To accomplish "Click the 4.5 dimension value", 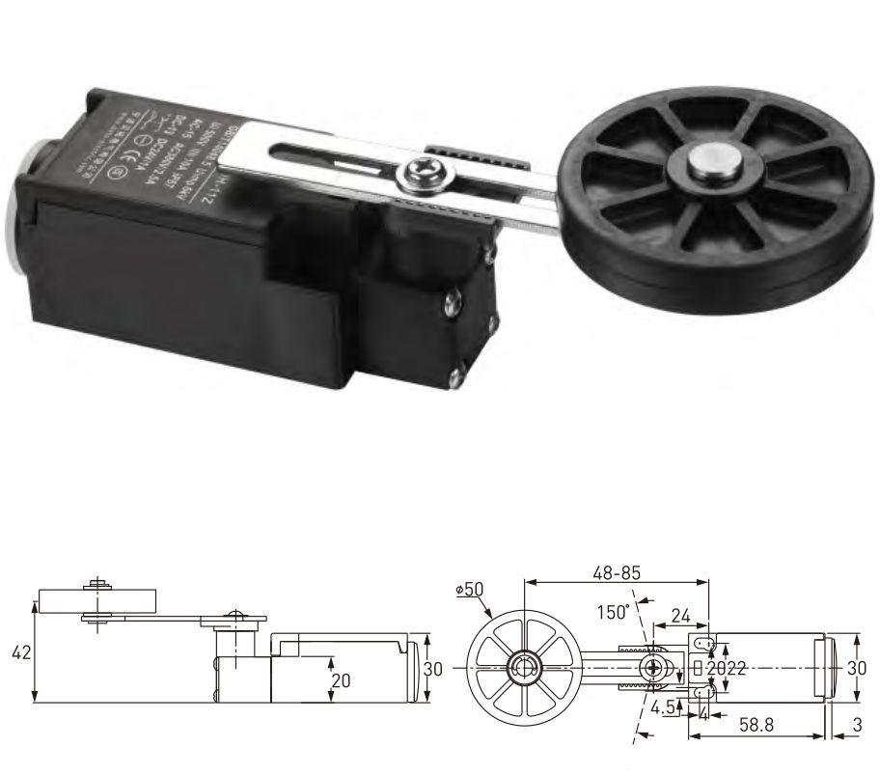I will coord(663,706).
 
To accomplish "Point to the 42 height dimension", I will coord(19,652).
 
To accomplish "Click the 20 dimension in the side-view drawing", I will coord(342,679).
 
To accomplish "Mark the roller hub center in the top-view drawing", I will coord(522,667).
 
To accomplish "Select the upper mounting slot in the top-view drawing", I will coord(703,643).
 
